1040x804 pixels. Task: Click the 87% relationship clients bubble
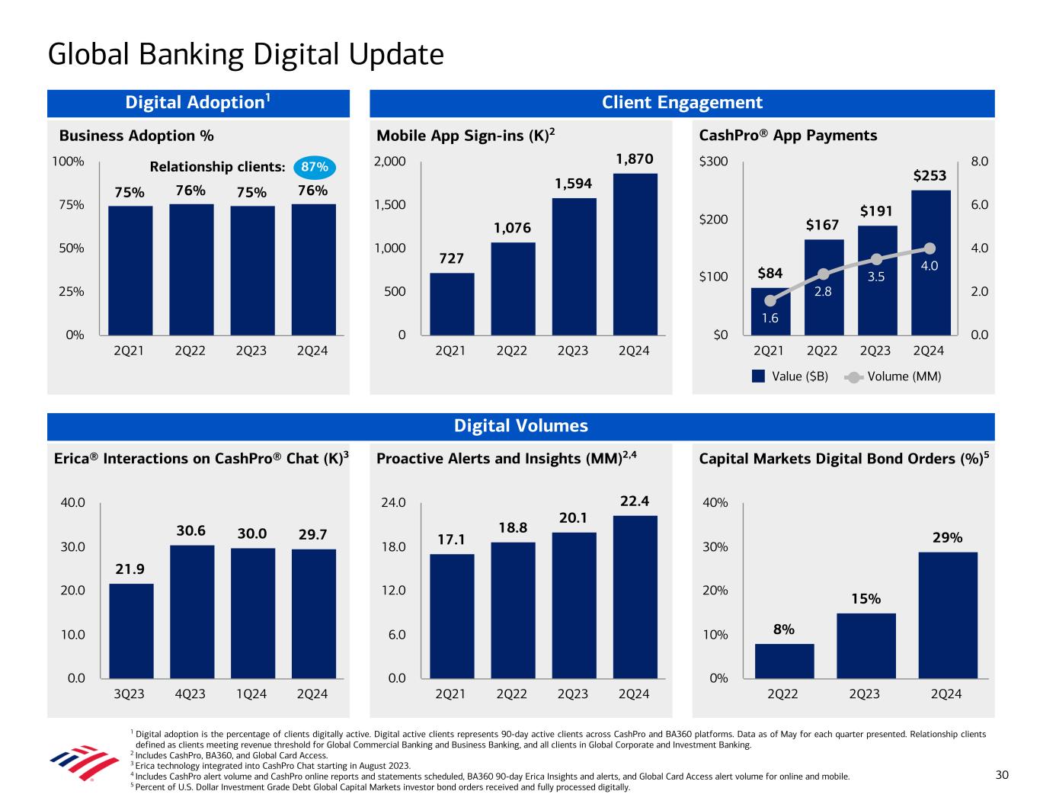point(314,167)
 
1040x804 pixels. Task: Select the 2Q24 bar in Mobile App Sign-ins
point(635,254)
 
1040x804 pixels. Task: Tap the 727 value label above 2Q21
point(452,259)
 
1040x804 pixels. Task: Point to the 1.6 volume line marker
point(770,301)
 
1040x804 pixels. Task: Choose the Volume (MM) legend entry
point(894,376)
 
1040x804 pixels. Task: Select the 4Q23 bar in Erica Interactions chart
point(192,611)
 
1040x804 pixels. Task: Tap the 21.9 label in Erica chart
point(130,569)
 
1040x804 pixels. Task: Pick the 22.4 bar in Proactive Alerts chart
point(635,597)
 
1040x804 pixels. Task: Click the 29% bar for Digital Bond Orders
point(947,614)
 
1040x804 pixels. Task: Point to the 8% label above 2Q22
point(784,629)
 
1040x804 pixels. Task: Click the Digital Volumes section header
point(521,426)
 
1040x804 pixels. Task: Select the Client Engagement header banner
point(682,103)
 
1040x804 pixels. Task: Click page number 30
point(1002,775)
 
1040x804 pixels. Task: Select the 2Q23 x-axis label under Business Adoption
point(251,351)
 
